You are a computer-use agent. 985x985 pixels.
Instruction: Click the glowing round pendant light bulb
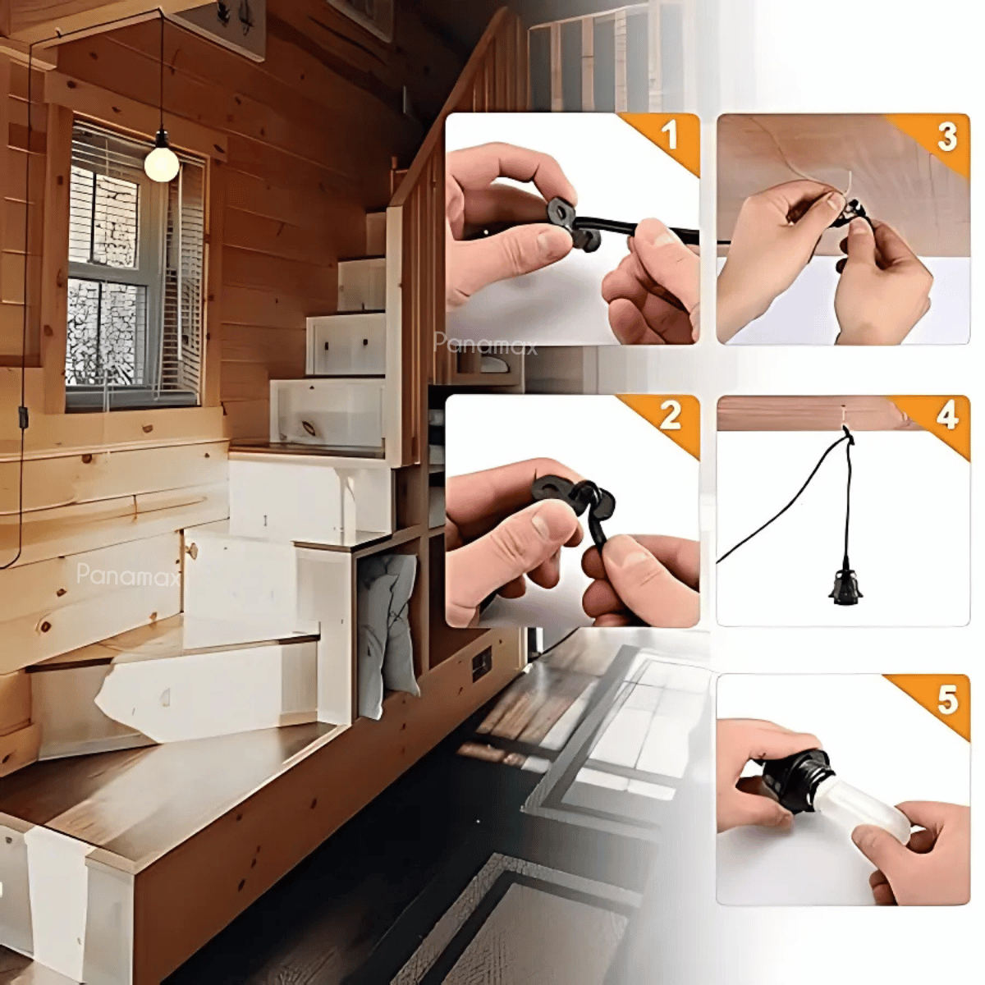[x=162, y=162]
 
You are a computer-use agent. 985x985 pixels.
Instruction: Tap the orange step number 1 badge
[x=666, y=138]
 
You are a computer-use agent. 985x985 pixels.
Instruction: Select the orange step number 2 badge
[x=666, y=420]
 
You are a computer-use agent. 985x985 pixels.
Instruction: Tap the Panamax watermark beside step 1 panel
[x=486, y=344]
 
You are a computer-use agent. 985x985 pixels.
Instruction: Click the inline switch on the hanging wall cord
[x=21, y=415]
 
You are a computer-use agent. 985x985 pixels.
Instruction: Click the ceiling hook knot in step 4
[x=847, y=438]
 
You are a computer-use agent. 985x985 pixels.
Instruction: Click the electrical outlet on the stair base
[x=480, y=663]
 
